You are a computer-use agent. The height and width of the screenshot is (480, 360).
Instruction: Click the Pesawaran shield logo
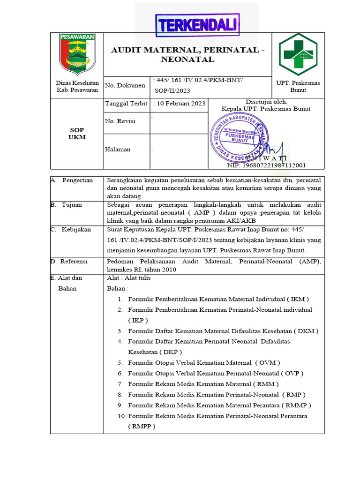(x=77, y=54)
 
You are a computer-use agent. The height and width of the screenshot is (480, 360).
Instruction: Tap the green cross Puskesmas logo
(x=298, y=54)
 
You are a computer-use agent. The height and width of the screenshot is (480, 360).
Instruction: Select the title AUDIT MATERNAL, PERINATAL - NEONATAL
(x=187, y=54)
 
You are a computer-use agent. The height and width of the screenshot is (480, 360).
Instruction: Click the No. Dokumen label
(x=125, y=85)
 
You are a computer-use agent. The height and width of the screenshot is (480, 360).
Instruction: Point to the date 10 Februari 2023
(x=180, y=104)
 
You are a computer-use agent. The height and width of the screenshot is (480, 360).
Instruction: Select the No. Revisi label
(x=120, y=121)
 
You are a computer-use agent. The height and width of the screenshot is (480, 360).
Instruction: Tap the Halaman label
(x=118, y=150)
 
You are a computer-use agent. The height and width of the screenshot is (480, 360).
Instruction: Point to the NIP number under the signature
(x=266, y=165)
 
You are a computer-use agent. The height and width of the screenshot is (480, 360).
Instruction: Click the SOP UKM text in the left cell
(x=77, y=134)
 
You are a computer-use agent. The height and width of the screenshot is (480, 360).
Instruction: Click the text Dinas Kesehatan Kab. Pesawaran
(x=77, y=86)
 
